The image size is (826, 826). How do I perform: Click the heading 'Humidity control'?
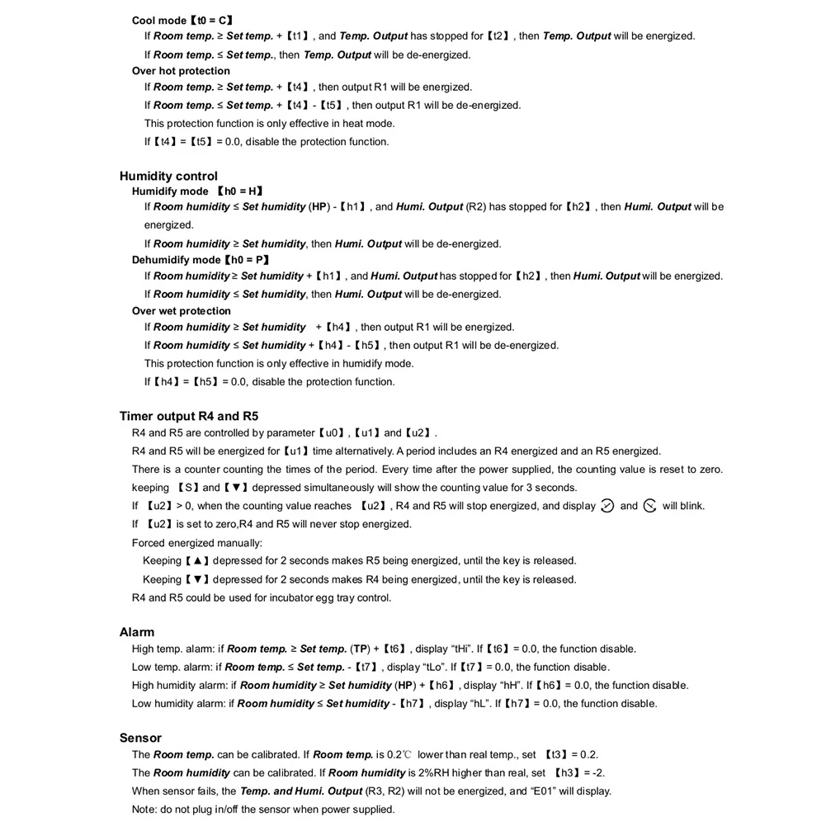coord(168,176)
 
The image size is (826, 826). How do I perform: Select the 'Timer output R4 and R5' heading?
coord(188,416)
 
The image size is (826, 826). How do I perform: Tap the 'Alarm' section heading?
coord(137,632)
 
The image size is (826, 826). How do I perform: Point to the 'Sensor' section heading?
coord(140,738)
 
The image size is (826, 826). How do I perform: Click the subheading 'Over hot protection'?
coord(181,71)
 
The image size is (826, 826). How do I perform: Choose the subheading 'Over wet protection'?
coord(182,311)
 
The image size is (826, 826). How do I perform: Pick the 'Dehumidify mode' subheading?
coord(177,260)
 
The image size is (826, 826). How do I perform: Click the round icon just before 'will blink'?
coord(649,506)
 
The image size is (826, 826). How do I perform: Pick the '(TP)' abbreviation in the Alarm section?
coord(360,649)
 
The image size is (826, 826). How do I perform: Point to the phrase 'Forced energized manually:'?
coord(197,543)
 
